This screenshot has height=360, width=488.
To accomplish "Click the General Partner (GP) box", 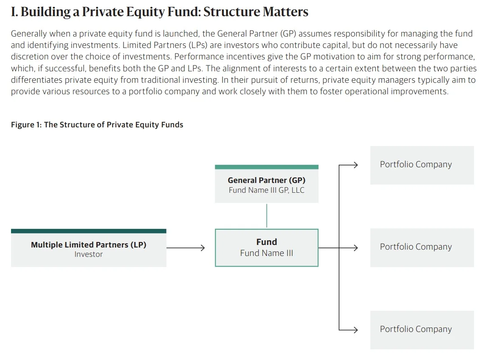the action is pyautogui.click(x=267, y=184).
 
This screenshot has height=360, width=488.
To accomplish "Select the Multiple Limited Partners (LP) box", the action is pyautogui.click(x=89, y=248).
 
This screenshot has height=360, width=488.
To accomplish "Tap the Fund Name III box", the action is pyautogui.click(x=267, y=247).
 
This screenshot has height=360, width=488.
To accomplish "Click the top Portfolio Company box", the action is pyautogui.click(x=422, y=165).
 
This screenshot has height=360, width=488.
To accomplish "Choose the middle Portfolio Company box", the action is pyautogui.click(x=422, y=247).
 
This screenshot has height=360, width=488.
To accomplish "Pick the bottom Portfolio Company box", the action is pyautogui.click(x=422, y=330).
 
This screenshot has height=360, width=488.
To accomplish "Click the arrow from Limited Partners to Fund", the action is pyautogui.click(x=186, y=247).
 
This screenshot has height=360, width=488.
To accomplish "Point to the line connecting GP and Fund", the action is pyautogui.click(x=267, y=216).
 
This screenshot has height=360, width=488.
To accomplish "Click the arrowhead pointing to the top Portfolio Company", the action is pyautogui.click(x=355, y=165).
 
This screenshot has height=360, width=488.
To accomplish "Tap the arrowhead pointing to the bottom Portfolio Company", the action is pyautogui.click(x=355, y=329).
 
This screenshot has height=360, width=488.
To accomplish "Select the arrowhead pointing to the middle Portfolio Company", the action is pyautogui.click(x=355, y=247).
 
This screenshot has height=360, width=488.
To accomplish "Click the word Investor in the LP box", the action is pyautogui.click(x=88, y=254).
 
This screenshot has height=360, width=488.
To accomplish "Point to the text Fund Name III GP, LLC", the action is pyautogui.click(x=267, y=190).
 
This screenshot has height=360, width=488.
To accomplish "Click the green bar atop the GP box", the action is pyautogui.click(x=267, y=167).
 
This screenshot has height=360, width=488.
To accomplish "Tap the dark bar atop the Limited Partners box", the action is pyautogui.click(x=89, y=231).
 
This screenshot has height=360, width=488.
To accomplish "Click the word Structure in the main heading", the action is pyautogui.click(x=231, y=12).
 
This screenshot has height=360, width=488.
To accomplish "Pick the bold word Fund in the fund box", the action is pyautogui.click(x=267, y=242).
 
